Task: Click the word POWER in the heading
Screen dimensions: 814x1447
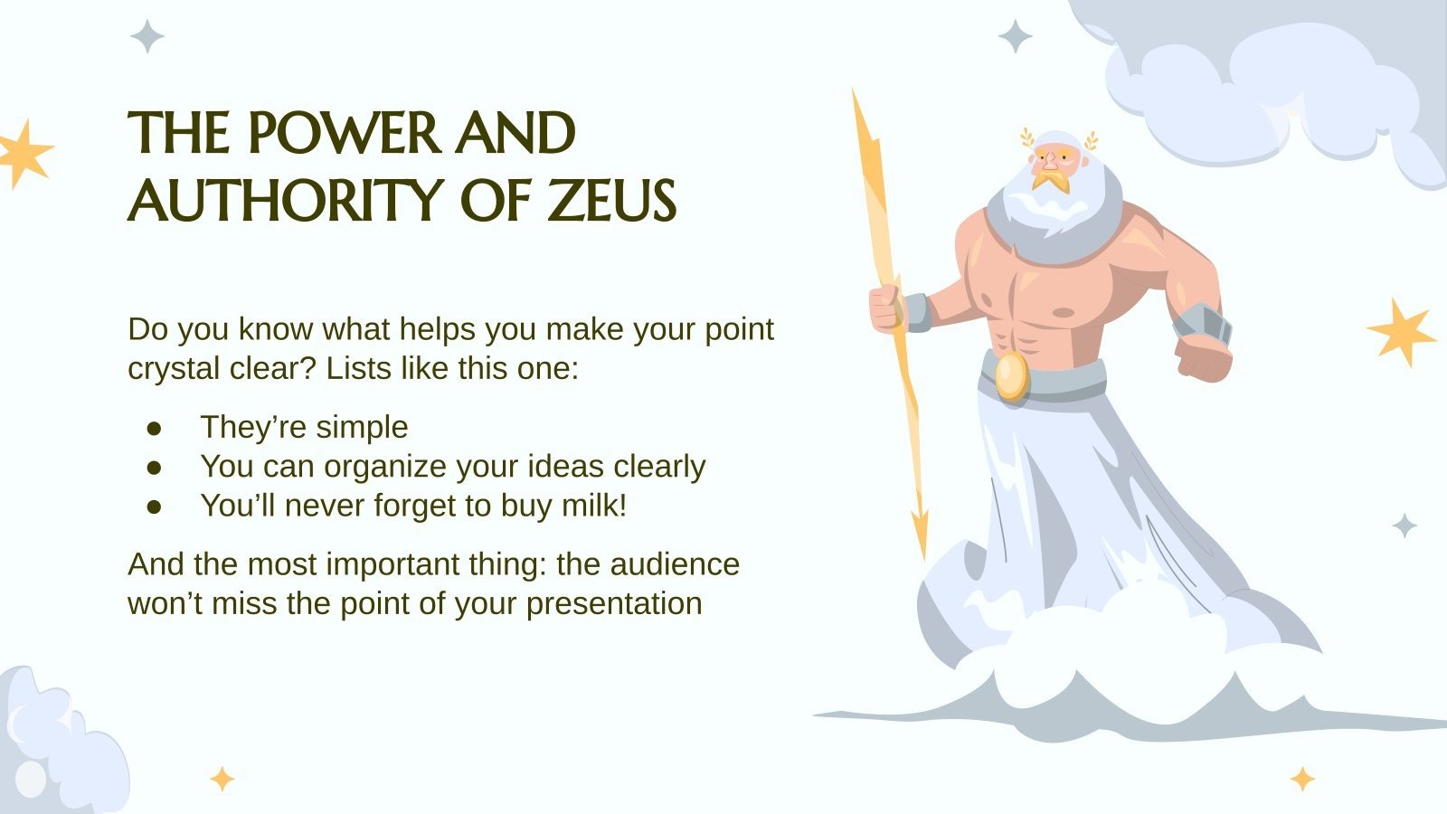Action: pos(344,134)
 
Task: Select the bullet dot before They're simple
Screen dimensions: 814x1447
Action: pos(154,427)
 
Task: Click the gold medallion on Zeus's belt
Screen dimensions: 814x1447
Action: pos(1012,375)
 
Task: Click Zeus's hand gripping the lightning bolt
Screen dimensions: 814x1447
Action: pos(885,307)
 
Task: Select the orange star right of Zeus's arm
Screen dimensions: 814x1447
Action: pos(1399,332)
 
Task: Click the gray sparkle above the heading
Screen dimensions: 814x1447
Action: pos(147,36)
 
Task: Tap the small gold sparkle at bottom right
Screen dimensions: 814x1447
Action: pos(1302,778)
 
